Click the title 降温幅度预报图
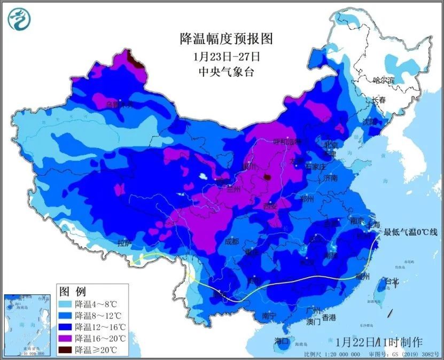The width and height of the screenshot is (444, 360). click(x=226, y=38)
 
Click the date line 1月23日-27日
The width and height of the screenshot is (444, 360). click(x=226, y=56)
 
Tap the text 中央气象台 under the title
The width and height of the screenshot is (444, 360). click(x=226, y=71)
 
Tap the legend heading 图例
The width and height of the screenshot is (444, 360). click(x=73, y=292)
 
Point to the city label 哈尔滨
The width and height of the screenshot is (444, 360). click(x=383, y=81)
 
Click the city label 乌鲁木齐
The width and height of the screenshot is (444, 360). click(x=119, y=104)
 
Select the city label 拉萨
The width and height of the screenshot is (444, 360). click(x=124, y=243)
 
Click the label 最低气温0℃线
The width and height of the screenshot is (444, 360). click(x=409, y=232)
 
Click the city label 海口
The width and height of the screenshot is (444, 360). click(x=282, y=341)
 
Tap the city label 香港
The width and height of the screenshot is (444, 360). click(x=329, y=318)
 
